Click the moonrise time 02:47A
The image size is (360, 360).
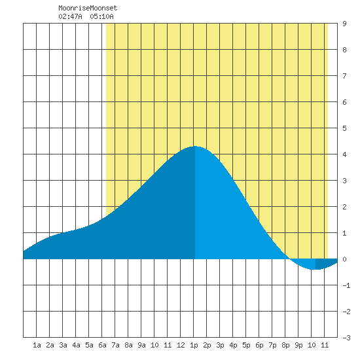70,16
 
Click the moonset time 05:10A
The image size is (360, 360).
101,16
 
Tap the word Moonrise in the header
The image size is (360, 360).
74,8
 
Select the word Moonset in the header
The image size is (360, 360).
103,8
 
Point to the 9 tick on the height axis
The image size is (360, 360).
344,24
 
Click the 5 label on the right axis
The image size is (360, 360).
344,128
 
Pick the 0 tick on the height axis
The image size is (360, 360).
344,259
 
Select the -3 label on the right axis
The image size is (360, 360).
346,338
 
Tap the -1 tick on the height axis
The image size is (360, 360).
346,285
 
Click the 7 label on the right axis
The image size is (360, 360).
344,76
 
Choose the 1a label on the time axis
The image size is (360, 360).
37,345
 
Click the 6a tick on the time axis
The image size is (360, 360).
102,345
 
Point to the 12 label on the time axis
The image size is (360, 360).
181,345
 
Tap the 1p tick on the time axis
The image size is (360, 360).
194,345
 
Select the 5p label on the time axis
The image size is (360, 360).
246,345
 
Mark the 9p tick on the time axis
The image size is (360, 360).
298,345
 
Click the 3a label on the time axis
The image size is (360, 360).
63,345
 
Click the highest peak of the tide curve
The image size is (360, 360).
195,146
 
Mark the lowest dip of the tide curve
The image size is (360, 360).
316,269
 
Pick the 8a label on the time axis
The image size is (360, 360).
128,345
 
